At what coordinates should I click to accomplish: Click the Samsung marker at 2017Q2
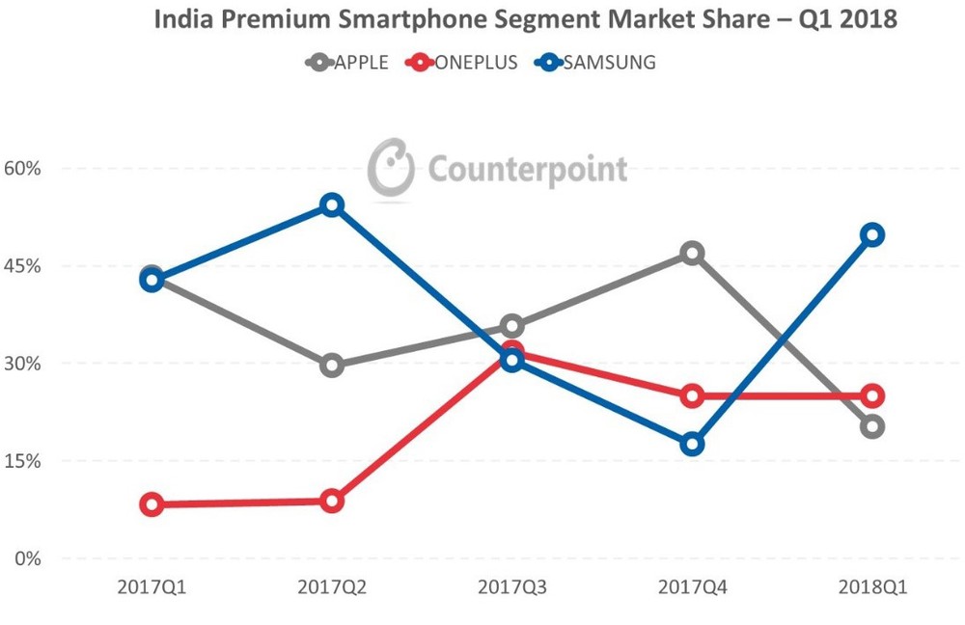pyautogui.click(x=332, y=205)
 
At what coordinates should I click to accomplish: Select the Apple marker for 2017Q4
pyautogui.click(x=692, y=254)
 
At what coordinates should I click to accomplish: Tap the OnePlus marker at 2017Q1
pyautogui.click(x=152, y=504)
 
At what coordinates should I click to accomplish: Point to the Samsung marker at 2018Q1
pyautogui.click(x=872, y=235)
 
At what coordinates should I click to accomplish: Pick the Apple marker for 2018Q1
pyautogui.click(x=872, y=426)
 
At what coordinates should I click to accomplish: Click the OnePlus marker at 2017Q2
pyautogui.click(x=332, y=502)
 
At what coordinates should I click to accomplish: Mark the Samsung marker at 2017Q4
pyautogui.click(x=692, y=445)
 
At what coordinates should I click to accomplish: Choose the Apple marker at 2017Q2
pyautogui.click(x=332, y=366)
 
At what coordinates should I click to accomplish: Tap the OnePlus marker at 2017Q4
pyautogui.click(x=692, y=395)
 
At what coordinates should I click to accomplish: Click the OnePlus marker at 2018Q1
pyautogui.click(x=872, y=395)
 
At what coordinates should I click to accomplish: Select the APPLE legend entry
pyautogui.click(x=347, y=63)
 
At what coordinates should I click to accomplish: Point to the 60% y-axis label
pyautogui.click(x=22, y=169)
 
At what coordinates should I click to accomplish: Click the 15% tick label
pyautogui.click(x=22, y=461)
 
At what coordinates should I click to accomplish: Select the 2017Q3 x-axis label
pyautogui.click(x=511, y=586)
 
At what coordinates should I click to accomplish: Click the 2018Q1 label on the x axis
pyautogui.click(x=872, y=586)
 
